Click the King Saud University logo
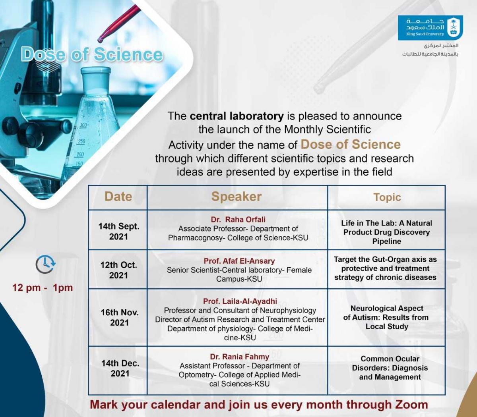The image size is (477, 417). pyautogui.click(x=430, y=28)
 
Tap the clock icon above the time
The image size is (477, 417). pyautogui.click(x=46, y=264)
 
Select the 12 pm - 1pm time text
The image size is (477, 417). pyautogui.click(x=43, y=288)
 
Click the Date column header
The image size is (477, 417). pyautogui.click(x=118, y=196)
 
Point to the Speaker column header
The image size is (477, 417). pyautogui.click(x=237, y=196)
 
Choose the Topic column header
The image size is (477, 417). pyautogui.click(x=387, y=197)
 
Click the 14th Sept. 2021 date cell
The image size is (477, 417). pyautogui.click(x=119, y=231)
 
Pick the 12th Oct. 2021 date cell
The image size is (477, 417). pyautogui.click(x=119, y=270)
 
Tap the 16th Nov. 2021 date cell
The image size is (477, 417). pyautogui.click(x=120, y=317)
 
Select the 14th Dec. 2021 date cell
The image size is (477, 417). pyautogui.click(x=120, y=368)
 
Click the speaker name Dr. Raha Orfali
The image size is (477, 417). pyautogui.click(x=238, y=220)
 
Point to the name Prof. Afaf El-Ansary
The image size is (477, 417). pyautogui.click(x=239, y=261)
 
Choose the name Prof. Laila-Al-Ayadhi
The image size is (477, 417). pyautogui.click(x=240, y=301)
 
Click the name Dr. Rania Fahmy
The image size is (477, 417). pyautogui.click(x=239, y=357)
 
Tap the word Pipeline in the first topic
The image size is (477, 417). pyautogui.click(x=387, y=241)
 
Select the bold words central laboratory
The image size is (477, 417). pyautogui.click(x=237, y=116)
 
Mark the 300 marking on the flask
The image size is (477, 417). pyautogui.click(x=83, y=125)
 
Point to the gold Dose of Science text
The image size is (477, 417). pyautogui.click(x=351, y=145)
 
